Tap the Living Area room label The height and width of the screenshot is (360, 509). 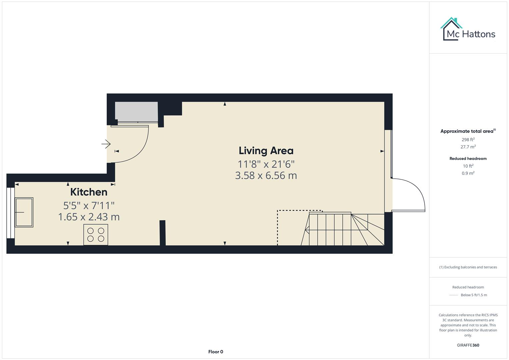[x=266, y=151]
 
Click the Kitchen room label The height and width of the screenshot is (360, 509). [x=89, y=192]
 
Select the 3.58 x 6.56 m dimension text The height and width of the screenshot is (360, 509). [x=266, y=176]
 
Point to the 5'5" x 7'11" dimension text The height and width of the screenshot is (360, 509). [x=89, y=205]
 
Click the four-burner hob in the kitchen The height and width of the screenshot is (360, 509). [x=96, y=235]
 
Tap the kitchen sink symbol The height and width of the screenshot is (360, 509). [x=24, y=212]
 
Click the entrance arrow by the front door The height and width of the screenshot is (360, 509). [x=106, y=144]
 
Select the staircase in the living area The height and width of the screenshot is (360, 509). [x=343, y=229]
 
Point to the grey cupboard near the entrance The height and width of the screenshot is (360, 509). [x=136, y=112]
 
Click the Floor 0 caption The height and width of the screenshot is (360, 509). [x=216, y=352]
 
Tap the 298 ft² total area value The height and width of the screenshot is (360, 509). [x=468, y=140]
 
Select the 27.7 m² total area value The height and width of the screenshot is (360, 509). [x=468, y=147]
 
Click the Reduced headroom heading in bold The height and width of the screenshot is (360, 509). [x=468, y=159]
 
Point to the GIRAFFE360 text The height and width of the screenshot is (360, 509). [x=468, y=345]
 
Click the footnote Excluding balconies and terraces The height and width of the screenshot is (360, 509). [x=468, y=267]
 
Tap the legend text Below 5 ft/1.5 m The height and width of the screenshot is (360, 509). [x=473, y=295]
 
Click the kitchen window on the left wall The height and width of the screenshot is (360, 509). [x=10, y=213]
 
